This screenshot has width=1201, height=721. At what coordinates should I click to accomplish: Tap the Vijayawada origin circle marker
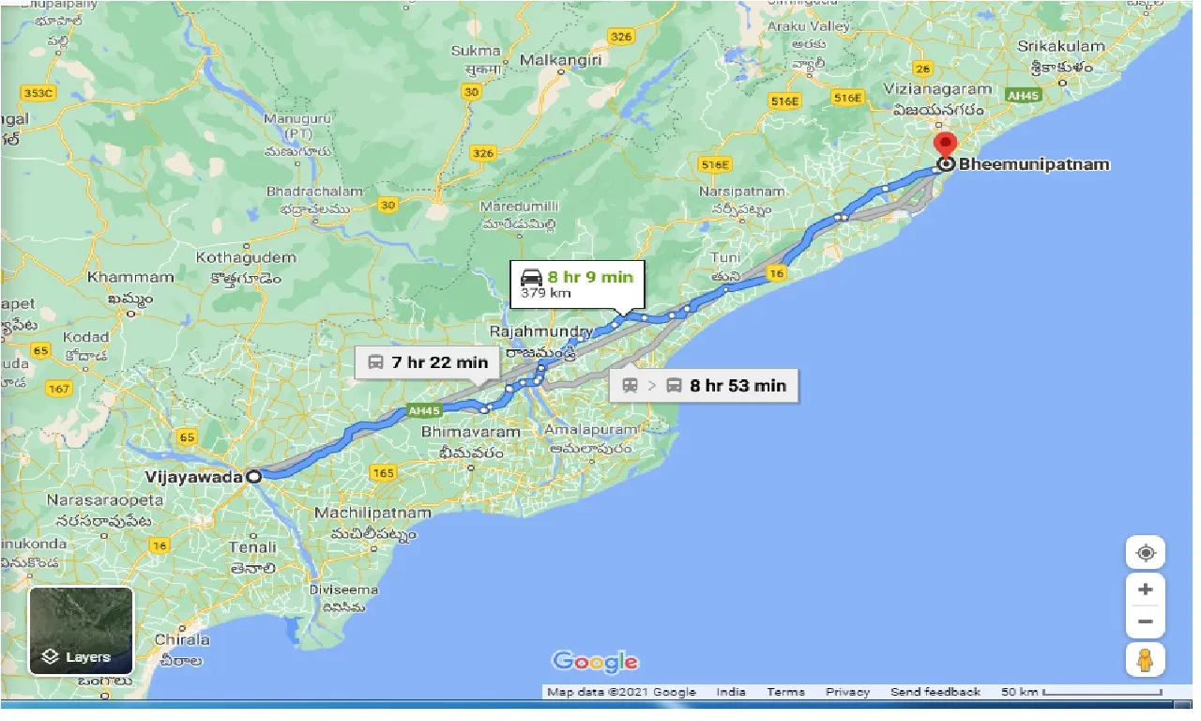click(x=253, y=477)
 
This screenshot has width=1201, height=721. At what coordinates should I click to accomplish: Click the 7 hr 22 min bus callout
click(x=426, y=362)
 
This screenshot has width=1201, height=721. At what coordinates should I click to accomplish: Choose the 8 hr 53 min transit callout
click(x=704, y=385)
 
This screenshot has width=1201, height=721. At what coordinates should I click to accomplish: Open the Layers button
click(x=81, y=631)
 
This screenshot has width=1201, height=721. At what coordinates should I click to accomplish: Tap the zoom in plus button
click(x=1145, y=590)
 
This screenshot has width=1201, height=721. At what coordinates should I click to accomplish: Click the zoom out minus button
click(x=1145, y=621)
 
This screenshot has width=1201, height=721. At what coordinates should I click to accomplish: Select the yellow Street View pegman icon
click(x=1145, y=660)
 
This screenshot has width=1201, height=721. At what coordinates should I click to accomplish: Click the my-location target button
click(x=1145, y=553)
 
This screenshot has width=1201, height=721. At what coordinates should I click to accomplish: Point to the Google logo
click(x=595, y=662)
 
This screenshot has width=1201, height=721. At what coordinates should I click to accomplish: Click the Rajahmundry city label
click(x=540, y=332)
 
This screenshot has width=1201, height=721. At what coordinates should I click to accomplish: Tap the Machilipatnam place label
click(x=372, y=514)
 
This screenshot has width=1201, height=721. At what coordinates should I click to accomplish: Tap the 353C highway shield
click(x=38, y=93)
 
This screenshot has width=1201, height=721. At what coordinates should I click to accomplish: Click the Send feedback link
click(x=935, y=692)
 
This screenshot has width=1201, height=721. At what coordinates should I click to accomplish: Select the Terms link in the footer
click(x=785, y=692)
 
